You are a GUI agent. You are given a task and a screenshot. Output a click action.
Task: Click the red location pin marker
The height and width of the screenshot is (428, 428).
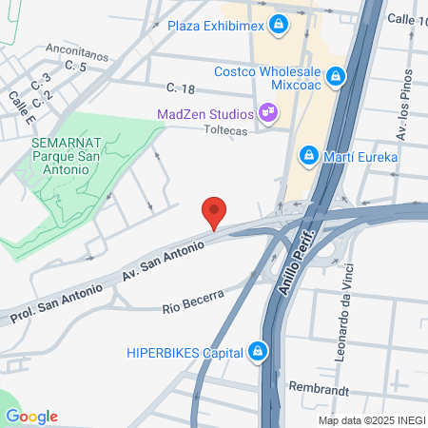pos(214,212)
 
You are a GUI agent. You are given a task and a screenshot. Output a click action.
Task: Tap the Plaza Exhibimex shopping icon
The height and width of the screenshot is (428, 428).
pos(279,24)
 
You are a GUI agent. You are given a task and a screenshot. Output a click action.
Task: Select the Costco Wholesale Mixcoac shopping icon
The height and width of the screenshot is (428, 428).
pos(335,76)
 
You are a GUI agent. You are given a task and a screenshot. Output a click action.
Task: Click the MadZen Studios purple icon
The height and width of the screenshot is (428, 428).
pos(269,113)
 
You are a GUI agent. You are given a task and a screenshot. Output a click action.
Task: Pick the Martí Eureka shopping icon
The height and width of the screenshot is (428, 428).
pos(307,155)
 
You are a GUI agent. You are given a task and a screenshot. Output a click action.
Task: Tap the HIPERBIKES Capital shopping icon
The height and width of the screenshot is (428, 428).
pos(257,352)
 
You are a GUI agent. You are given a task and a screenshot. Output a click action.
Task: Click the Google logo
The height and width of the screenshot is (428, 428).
pos(31,417)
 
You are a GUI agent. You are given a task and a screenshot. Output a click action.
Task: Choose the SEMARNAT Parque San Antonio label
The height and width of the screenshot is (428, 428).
pos(59,155)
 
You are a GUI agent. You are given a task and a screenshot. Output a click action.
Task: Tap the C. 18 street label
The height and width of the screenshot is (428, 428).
pos(180,88)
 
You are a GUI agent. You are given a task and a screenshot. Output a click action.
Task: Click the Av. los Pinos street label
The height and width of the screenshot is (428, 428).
pos(407,107)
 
